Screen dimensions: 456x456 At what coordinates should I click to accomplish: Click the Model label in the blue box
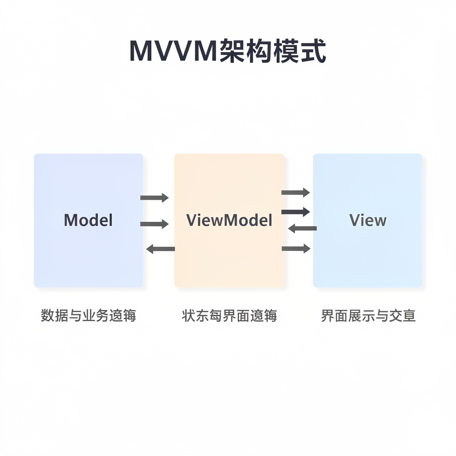click(x=88, y=220)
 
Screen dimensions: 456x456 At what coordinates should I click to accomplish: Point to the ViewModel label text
click(x=229, y=220)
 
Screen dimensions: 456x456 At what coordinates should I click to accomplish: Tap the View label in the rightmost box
click(x=368, y=220)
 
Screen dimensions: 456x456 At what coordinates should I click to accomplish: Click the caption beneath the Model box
click(x=88, y=316)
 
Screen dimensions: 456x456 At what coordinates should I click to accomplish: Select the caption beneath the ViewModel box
click(x=229, y=316)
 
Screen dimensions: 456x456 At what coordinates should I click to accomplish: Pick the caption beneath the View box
click(x=368, y=316)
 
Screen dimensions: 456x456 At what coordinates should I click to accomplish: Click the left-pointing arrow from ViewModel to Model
click(x=160, y=249)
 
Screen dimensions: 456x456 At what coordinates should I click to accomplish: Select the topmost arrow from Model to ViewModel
click(x=155, y=197)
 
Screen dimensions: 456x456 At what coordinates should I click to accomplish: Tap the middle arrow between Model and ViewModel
click(x=155, y=224)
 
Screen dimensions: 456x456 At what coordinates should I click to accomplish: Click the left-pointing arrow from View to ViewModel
click(x=302, y=228)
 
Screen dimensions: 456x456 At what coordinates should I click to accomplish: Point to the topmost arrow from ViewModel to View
click(x=296, y=192)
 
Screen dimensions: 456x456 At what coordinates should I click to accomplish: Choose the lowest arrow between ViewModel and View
click(x=296, y=248)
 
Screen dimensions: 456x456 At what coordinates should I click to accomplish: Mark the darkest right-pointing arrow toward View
click(x=296, y=212)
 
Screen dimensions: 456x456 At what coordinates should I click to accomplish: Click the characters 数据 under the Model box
click(x=54, y=316)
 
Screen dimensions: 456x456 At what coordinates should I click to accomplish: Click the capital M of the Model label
click(x=69, y=220)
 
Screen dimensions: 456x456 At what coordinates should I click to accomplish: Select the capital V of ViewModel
click(x=191, y=220)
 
